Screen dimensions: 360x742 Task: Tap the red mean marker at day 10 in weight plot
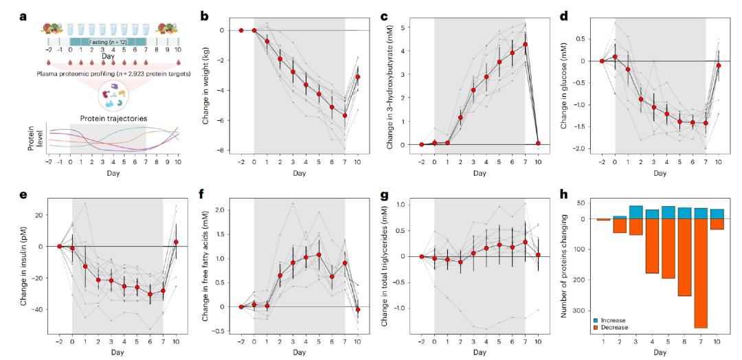[358, 77]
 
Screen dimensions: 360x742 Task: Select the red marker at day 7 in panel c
[526, 44]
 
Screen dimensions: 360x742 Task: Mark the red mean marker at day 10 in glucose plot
[719, 65]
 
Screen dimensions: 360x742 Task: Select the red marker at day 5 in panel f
[319, 255]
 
